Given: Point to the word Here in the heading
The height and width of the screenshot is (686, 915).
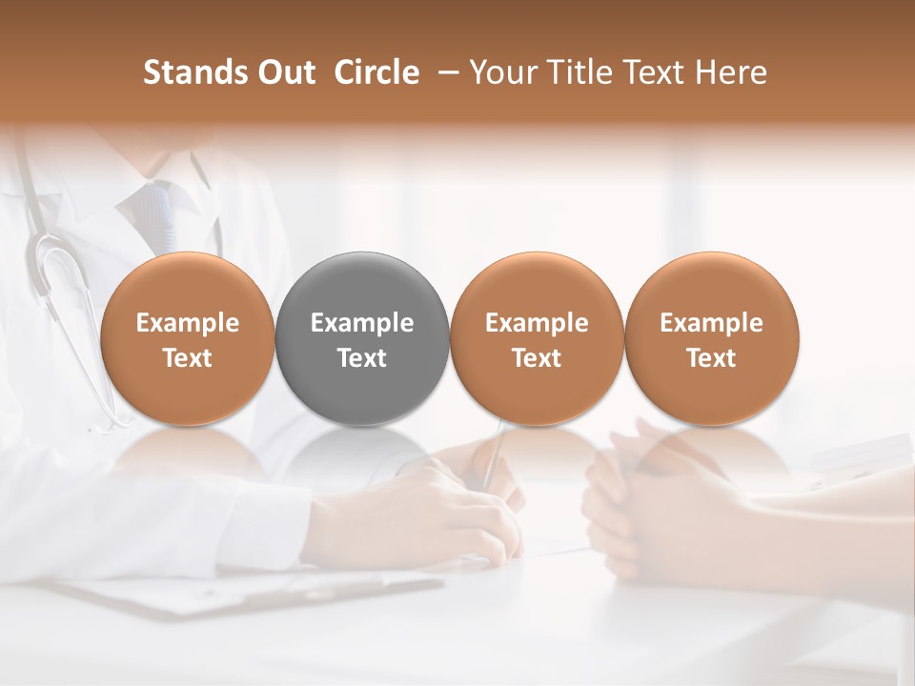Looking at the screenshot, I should point(731,72).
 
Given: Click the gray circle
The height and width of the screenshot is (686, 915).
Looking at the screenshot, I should point(362,339).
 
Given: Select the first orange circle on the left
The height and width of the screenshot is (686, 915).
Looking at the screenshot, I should point(188,339).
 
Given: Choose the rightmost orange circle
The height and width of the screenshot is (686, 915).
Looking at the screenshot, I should point(712,339).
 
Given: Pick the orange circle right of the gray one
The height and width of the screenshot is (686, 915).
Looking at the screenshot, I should point(537,339).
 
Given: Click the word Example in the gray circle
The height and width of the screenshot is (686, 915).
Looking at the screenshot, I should point(362,323).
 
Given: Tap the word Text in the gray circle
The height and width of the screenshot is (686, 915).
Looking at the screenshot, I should point(362,358).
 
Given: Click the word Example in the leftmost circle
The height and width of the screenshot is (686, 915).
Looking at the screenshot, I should point(188,323).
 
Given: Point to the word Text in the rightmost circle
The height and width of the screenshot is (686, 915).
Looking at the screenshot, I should point(712,358).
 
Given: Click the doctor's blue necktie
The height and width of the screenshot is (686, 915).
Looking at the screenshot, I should point(155,214).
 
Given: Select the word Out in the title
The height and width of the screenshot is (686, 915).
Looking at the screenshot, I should point(283,72).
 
